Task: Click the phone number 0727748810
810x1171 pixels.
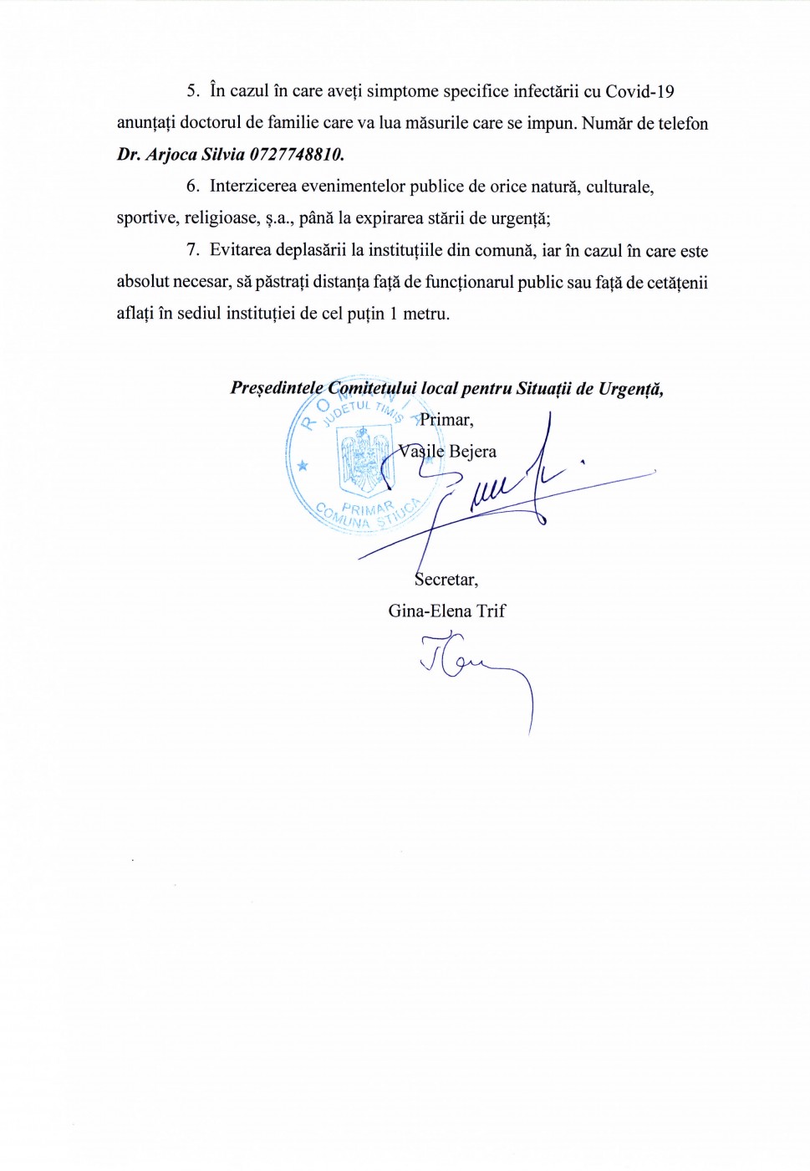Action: coord(297,155)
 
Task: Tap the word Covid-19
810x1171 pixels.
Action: coord(639,92)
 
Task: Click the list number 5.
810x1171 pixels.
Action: coord(193,92)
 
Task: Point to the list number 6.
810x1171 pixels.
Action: coord(193,187)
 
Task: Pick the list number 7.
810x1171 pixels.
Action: coord(193,250)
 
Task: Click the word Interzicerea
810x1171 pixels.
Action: coord(253,187)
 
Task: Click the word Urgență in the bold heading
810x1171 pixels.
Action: coord(630,389)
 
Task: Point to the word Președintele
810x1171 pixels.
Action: coord(277,389)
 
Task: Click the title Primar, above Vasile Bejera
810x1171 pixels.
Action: coord(446,420)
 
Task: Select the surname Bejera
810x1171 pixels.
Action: coord(472,452)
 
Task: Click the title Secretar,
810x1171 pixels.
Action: coord(446,580)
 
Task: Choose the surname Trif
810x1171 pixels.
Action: coord(491,611)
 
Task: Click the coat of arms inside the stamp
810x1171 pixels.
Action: coord(364,460)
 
